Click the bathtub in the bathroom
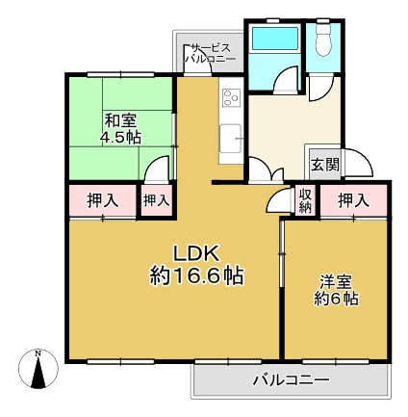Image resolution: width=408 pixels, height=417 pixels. coord(273,41)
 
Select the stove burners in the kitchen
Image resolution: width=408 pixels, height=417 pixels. coord(232,97)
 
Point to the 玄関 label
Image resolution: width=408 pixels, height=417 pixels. coord(323,164)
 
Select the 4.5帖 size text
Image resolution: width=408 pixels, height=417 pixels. coord(121,137)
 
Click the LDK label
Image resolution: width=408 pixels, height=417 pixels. coord(197,253)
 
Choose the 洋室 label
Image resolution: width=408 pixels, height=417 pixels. coord(337,282)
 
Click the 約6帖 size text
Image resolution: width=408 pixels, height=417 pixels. coord(337,300)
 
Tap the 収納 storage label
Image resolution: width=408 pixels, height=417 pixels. coord(305,200)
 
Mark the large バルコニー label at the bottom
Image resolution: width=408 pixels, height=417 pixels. coord(291,379)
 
